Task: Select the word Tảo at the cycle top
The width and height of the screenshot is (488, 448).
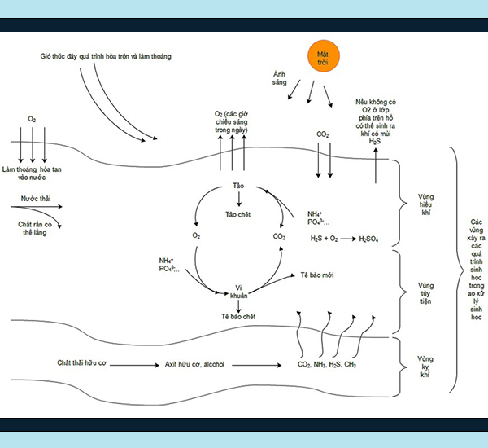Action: click(238, 187)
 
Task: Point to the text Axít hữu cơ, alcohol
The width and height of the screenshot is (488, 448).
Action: click(201, 364)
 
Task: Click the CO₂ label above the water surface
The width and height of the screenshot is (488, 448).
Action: click(322, 134)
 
